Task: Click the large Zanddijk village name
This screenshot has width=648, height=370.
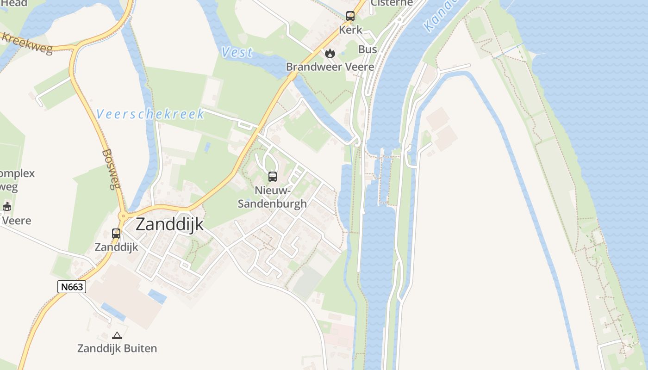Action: click(169, 224)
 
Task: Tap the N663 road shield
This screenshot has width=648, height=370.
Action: click(72, 287)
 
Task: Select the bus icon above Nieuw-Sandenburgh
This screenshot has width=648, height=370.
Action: click(273, 177)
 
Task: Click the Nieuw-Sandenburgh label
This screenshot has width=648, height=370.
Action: click(272, 197)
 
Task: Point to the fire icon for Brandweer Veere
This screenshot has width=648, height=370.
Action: click(330, 53)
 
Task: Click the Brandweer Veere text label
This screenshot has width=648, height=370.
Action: click(330, 67)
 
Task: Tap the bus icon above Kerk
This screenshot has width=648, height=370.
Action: click(350, 16)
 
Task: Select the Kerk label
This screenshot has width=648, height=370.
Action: click(350, 30)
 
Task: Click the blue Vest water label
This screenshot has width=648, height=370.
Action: click(237, 52)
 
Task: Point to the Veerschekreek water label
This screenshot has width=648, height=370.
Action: click(150, 114)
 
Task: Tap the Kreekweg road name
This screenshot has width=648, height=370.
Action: click(27, 43)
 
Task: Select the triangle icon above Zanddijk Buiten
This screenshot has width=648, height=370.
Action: click(117, 335)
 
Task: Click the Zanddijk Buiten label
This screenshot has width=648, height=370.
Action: click(117, 348)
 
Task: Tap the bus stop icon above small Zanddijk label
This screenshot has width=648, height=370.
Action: click(116, 234)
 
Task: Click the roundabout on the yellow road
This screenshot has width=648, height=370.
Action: click(123, 216)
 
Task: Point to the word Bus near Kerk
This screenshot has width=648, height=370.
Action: click(368, 49)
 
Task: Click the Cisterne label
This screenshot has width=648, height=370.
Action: click(392, 3)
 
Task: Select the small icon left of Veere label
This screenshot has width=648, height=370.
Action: click(6, 207)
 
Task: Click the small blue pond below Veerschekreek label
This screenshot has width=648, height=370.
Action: click(207, 148)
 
